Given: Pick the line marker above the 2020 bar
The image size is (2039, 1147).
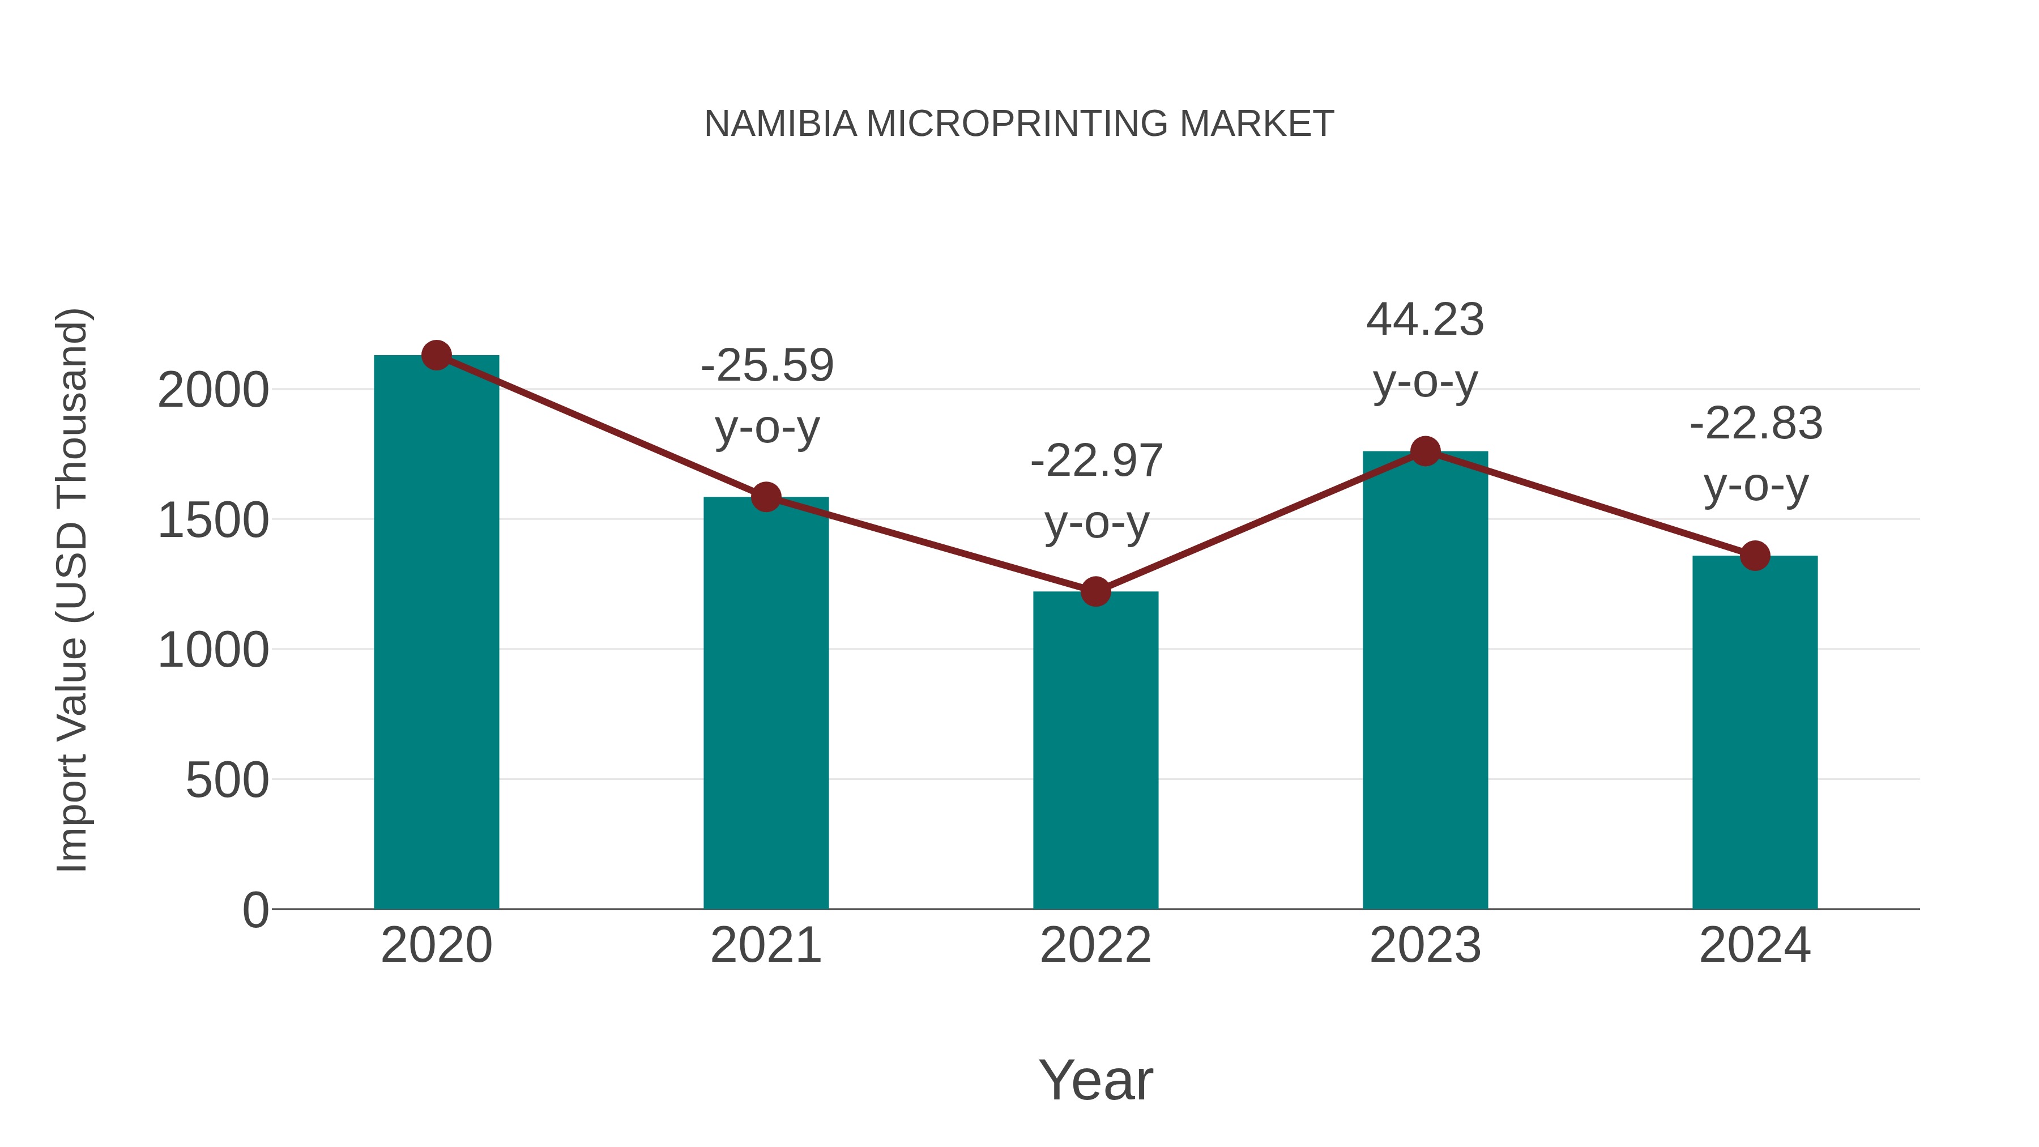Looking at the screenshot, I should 436,355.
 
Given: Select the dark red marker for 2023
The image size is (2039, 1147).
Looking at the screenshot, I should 1425,451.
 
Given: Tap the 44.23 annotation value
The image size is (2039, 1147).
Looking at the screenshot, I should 1425,320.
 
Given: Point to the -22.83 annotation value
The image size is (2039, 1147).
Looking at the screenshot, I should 1756,424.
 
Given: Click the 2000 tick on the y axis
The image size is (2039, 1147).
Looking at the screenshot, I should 213,390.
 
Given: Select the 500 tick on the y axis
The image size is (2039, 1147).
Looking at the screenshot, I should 227,781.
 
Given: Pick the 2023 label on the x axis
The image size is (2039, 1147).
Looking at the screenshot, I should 1425,945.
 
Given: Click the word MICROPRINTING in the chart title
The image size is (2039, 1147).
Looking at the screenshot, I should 1017,124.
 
